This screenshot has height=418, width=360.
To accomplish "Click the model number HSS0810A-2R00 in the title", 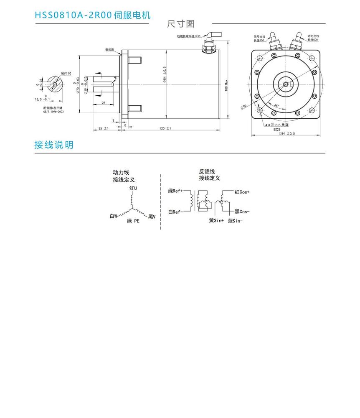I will (x=74, y=15).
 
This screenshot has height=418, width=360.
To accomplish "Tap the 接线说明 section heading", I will (x=54, y=145).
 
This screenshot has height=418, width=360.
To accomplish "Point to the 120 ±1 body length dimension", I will (x=165, y=128).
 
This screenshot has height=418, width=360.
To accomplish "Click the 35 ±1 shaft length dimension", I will (x=103, y=128).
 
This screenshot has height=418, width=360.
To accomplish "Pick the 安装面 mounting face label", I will (x=110, y=50).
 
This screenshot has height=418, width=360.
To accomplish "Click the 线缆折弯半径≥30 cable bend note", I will (x=189, y=36).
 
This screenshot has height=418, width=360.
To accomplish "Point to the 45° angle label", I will (x=276, y=106).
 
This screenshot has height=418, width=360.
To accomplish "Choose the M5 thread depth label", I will (x=66, y=73).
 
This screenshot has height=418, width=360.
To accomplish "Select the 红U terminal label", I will (x=133, y=189).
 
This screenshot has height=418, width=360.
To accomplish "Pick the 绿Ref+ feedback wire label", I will (x=175, y=191).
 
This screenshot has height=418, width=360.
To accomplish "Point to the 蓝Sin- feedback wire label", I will (x=235, y=221).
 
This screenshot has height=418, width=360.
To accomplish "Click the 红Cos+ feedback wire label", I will (x=242, y=192).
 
